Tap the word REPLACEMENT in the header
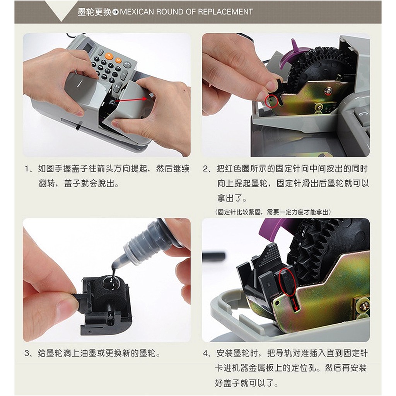click(225, 12)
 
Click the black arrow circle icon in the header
click(116, 12)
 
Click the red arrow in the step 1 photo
click(131, 99)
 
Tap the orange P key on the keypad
click(109, 55)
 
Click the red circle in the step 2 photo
click(271, 101)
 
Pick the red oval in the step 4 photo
click(287, 282)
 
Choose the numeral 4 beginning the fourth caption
click(205, 353)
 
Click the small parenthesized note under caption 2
click(273, 212)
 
